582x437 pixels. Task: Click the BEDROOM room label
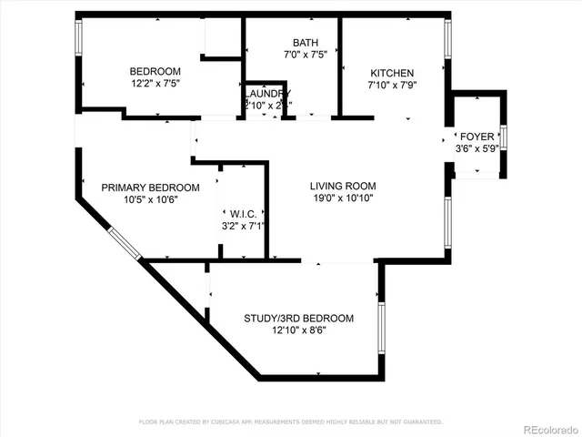(155, 72)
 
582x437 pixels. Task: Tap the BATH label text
(305, 44)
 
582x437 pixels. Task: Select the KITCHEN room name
(392, 73)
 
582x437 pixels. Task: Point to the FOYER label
(477, 137)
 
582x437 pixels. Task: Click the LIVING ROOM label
(341, 185)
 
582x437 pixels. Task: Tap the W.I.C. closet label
(243, 213)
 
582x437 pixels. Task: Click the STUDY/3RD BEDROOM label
(298, 319)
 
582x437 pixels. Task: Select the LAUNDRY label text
(267, 94)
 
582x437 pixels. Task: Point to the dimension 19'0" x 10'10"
(341, 198)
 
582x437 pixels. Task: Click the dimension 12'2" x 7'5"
(155, 85)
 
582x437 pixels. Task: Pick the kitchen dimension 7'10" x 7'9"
(392, 86)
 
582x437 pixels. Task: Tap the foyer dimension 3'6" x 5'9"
(477, 149)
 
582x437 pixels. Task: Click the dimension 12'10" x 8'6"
(298, 331)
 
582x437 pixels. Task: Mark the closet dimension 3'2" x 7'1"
(243, 226)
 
